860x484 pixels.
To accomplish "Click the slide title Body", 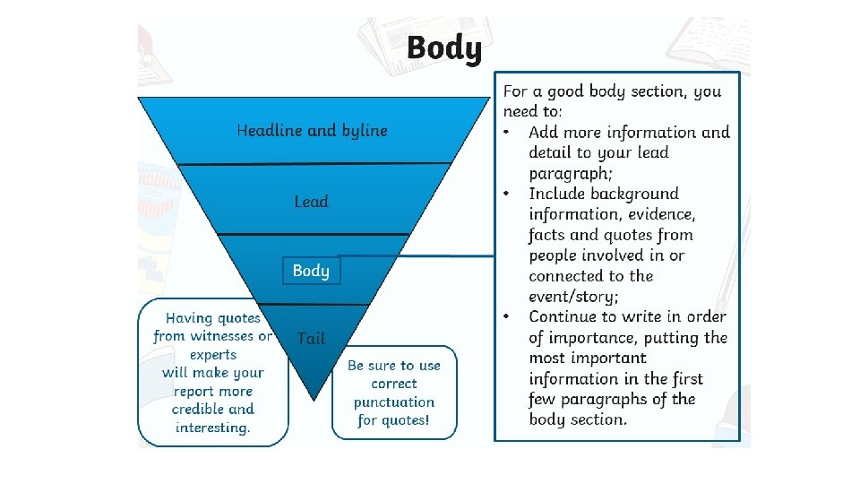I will tap(443, 48).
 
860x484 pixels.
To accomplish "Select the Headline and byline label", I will tap(312, 131).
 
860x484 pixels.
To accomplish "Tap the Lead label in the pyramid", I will tap(312, 202).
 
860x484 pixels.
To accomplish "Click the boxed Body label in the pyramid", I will tap(311, 271).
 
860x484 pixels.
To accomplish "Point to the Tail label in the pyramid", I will tap(311, 338).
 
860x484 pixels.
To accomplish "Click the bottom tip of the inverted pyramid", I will tap(313, 397).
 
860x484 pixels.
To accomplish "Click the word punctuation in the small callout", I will tap(394, 402).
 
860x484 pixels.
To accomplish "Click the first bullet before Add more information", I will tap(507, 133).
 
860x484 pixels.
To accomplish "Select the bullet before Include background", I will tap(507, 194).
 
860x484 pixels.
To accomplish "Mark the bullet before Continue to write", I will tap(507, 316).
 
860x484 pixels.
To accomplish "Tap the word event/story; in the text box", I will tap(573, 297).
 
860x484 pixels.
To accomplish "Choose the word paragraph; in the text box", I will tap(571, 173).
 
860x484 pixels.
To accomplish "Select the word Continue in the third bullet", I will tap(563, 316).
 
